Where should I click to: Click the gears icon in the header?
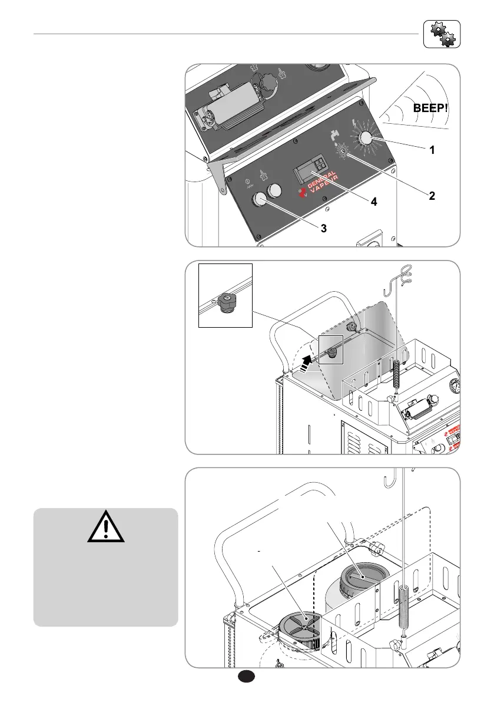(441, 34)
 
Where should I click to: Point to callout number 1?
(432, 150)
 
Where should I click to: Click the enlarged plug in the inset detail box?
(226, 302)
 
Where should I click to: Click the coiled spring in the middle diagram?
(399, 375)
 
